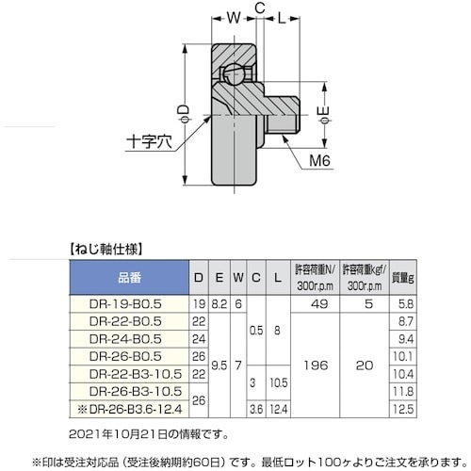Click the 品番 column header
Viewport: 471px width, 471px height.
click(x=131, y=278)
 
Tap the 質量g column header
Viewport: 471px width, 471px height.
click(x=402, y=278)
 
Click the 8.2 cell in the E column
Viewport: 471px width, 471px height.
click(x=219, y=305)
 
